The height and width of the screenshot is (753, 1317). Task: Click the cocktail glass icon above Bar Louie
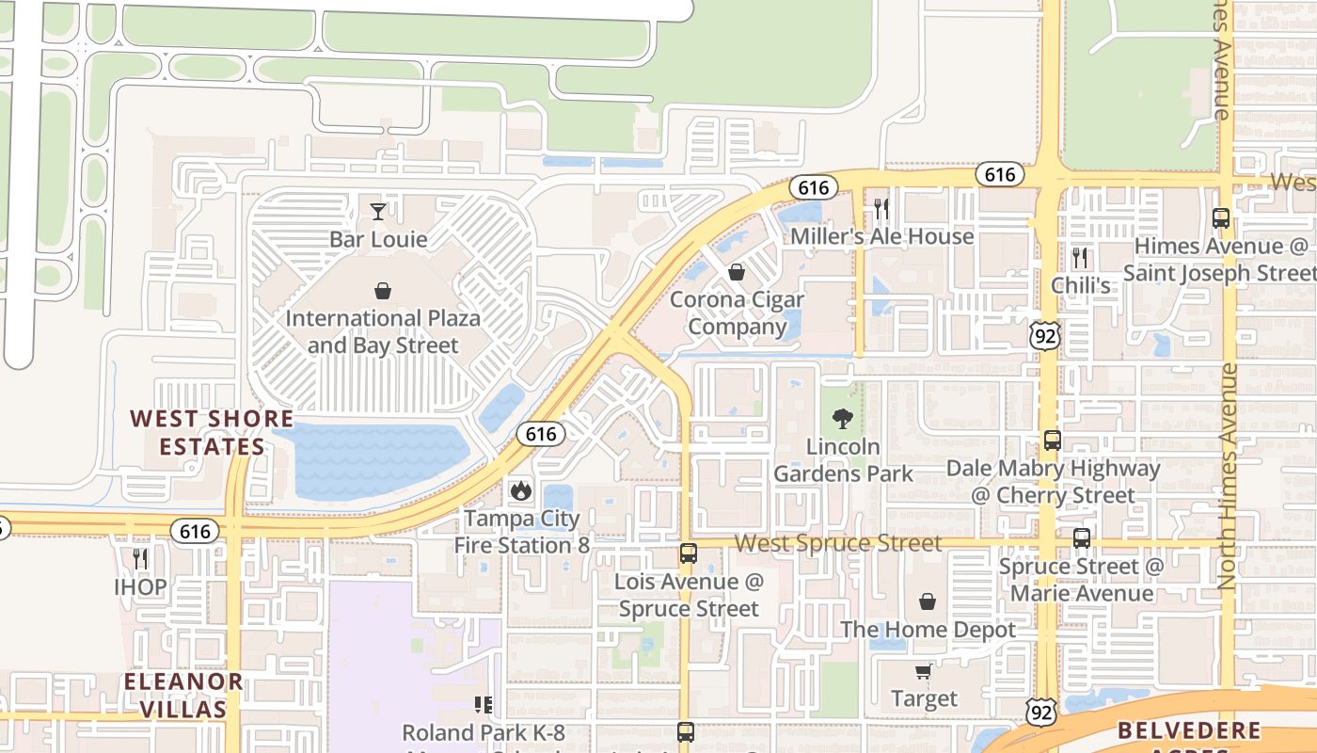tap(378, 211)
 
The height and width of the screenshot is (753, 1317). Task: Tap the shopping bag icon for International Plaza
tap(383, 291)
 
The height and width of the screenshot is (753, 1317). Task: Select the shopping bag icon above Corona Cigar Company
tap(737, 272)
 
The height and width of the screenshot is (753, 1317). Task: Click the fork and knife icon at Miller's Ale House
tap(881, 208)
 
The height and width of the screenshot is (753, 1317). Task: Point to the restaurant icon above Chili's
tap(1080, 257)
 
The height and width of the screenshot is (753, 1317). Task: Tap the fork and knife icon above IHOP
tap(140, 559)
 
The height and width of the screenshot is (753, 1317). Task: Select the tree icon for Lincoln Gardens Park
tap(843, 418)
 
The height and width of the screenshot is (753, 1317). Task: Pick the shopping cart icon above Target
tap(924, 671)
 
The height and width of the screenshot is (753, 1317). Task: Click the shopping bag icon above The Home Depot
tap(928, 601)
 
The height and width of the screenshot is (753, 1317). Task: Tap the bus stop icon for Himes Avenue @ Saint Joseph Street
tap(1221, 218)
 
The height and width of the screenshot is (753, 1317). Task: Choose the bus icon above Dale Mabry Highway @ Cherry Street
tap(1052, 440)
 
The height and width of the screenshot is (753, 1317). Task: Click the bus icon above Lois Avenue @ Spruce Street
tap(689, 553)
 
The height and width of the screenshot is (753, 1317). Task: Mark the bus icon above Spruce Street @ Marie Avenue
tap(1082, 538)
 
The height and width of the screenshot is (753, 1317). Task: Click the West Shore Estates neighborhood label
tap(212, 432)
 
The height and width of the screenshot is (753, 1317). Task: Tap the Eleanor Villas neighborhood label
tap(184, 695)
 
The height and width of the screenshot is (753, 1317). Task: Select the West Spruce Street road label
tap(837, 543)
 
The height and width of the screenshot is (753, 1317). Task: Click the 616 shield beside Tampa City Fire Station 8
tap(540, 434)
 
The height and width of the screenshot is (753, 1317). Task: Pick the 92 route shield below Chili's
tap(1045, 334)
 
